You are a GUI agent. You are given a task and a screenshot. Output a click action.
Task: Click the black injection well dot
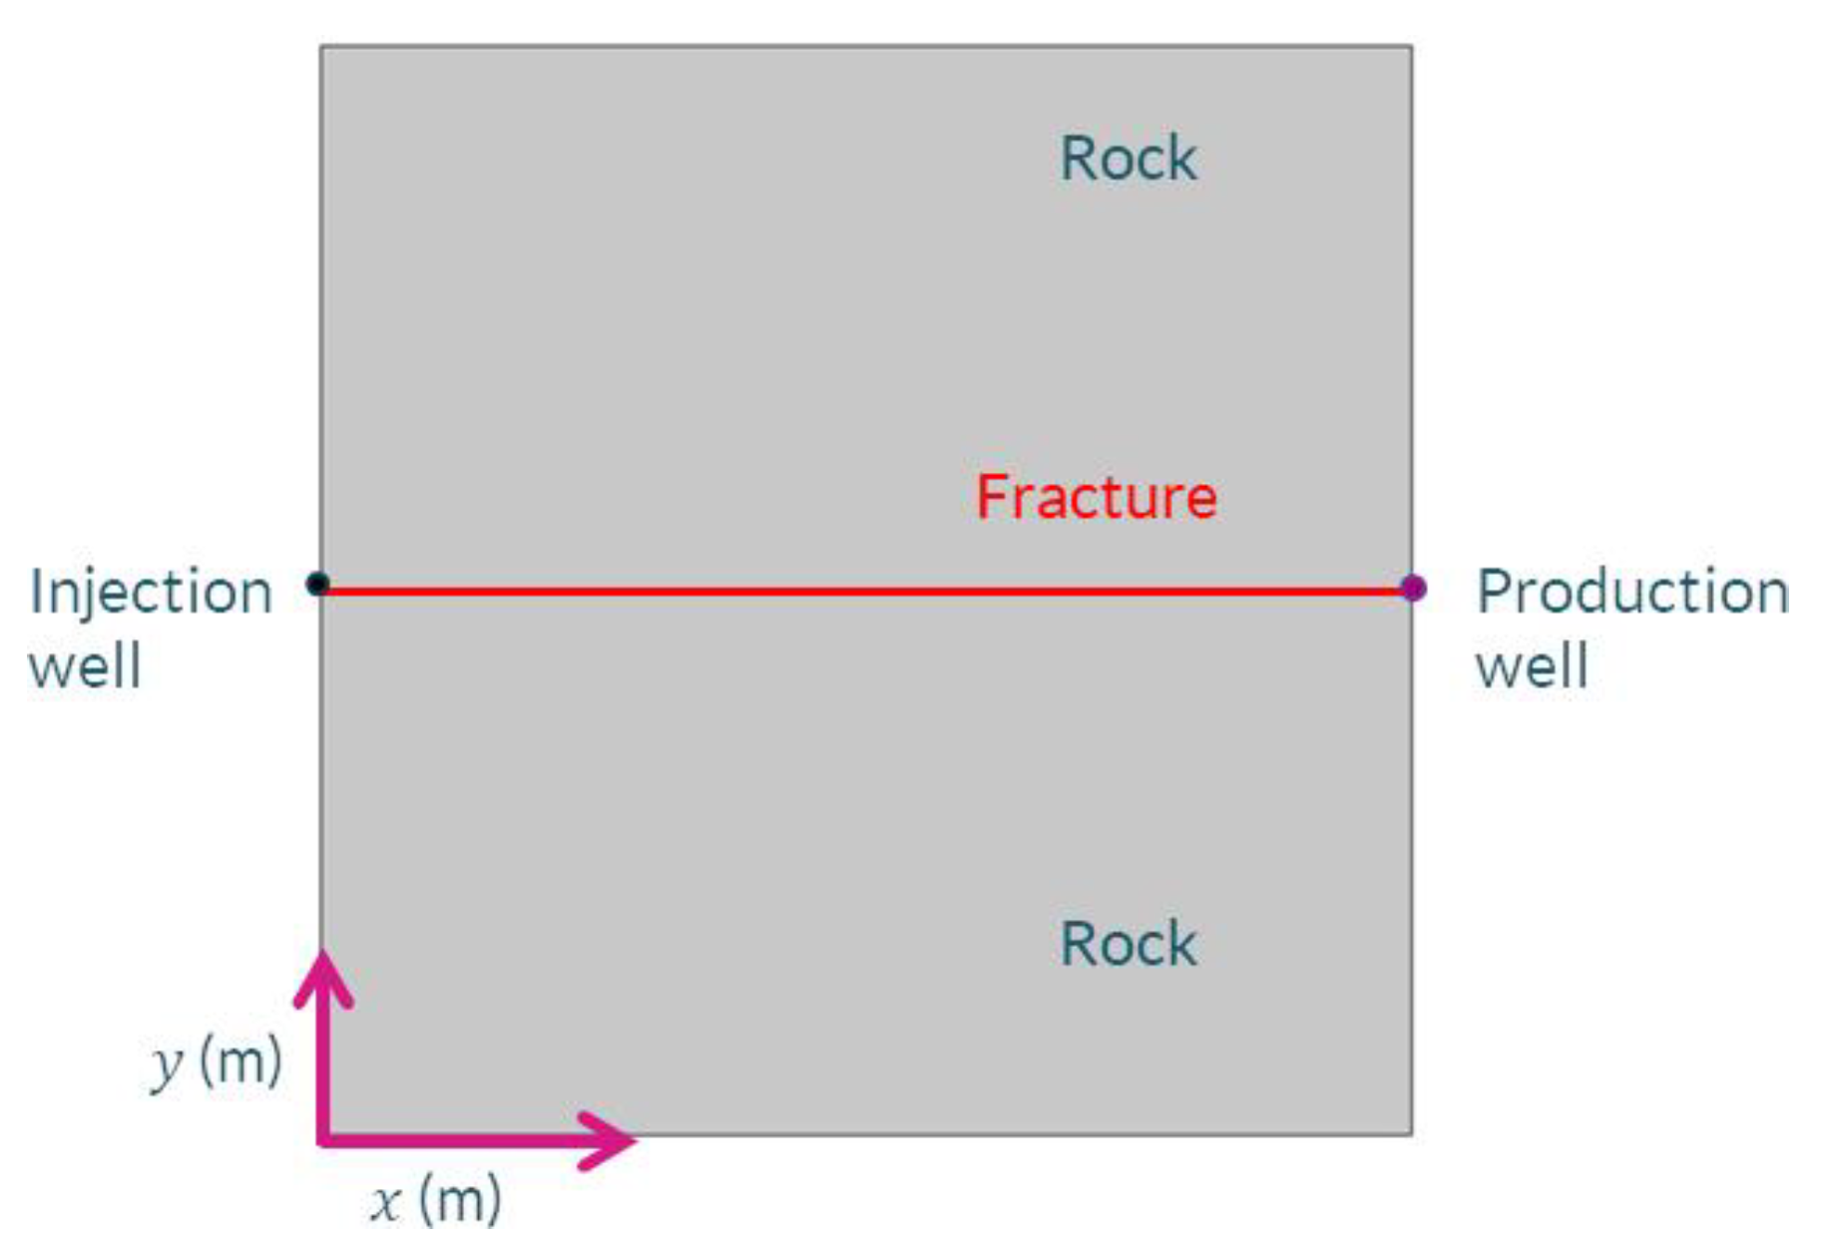[317, 584]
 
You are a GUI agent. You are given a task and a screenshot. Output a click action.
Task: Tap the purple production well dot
[1413, 588]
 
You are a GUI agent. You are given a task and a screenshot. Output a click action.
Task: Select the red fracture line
[864, 592]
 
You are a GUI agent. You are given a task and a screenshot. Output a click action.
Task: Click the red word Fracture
[1096, 497]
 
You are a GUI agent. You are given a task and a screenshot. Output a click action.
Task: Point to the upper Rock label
[1128, 158]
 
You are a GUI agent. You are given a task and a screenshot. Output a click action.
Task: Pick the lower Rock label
[1128, 944]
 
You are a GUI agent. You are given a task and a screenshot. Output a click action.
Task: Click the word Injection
[151, 593]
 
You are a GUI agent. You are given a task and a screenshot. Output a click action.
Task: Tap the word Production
[1631, 592]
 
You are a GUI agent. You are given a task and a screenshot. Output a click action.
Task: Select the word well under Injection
[85, 665]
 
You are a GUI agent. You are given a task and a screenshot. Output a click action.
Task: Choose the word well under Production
[1532, 665]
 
